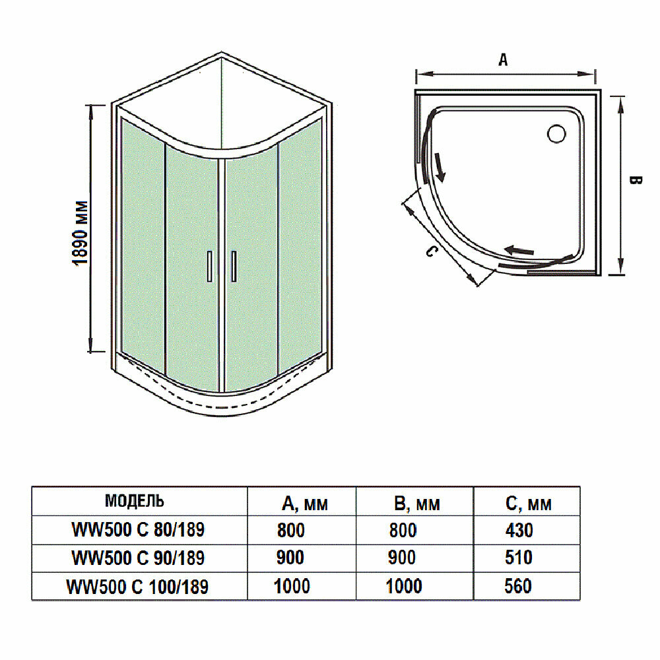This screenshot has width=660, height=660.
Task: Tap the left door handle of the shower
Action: (209, 267)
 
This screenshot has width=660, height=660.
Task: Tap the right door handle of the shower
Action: (232, 267)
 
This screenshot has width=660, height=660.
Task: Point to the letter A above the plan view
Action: (503, 60)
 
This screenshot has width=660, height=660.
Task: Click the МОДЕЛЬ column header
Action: (135, 501)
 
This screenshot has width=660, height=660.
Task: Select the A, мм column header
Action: (304, 504)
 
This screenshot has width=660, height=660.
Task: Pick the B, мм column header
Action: (416, 504)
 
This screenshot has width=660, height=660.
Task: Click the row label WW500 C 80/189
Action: (138, 530)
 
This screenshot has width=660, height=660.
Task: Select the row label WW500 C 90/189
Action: (138, 558)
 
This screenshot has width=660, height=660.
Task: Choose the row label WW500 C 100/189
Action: (138, 586)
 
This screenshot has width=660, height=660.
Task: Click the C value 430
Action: (518, 530)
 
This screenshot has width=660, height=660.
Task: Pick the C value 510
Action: (518, 558)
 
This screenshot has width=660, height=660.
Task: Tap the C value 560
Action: (518, 586)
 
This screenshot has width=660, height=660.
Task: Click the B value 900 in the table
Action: (402, 558)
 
